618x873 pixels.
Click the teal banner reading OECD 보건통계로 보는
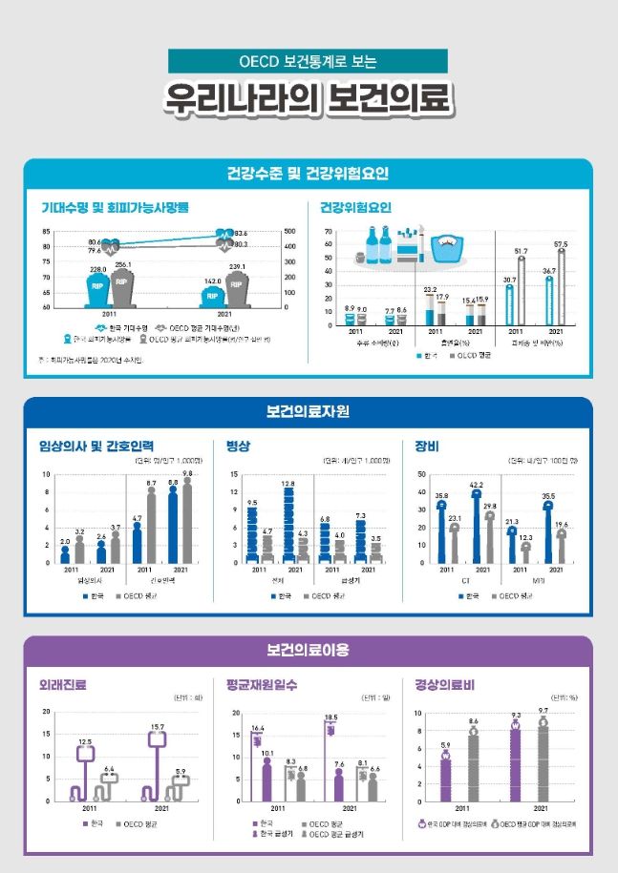[x=308, y=62]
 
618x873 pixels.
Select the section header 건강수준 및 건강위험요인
[x=308, y=174]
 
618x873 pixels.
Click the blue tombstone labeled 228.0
[x=97, y=289]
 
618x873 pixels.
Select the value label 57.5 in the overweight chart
[x=561, y=245]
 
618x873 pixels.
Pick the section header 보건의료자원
[x=308, y=412]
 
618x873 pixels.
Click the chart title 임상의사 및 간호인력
[x=96, y=446]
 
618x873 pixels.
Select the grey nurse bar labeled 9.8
[x=187, y=520]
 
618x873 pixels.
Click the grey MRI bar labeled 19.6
[x=562, y=547]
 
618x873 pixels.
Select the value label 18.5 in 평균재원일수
[x=330, y=717]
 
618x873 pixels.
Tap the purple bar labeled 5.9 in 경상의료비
[x=445, y=778]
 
